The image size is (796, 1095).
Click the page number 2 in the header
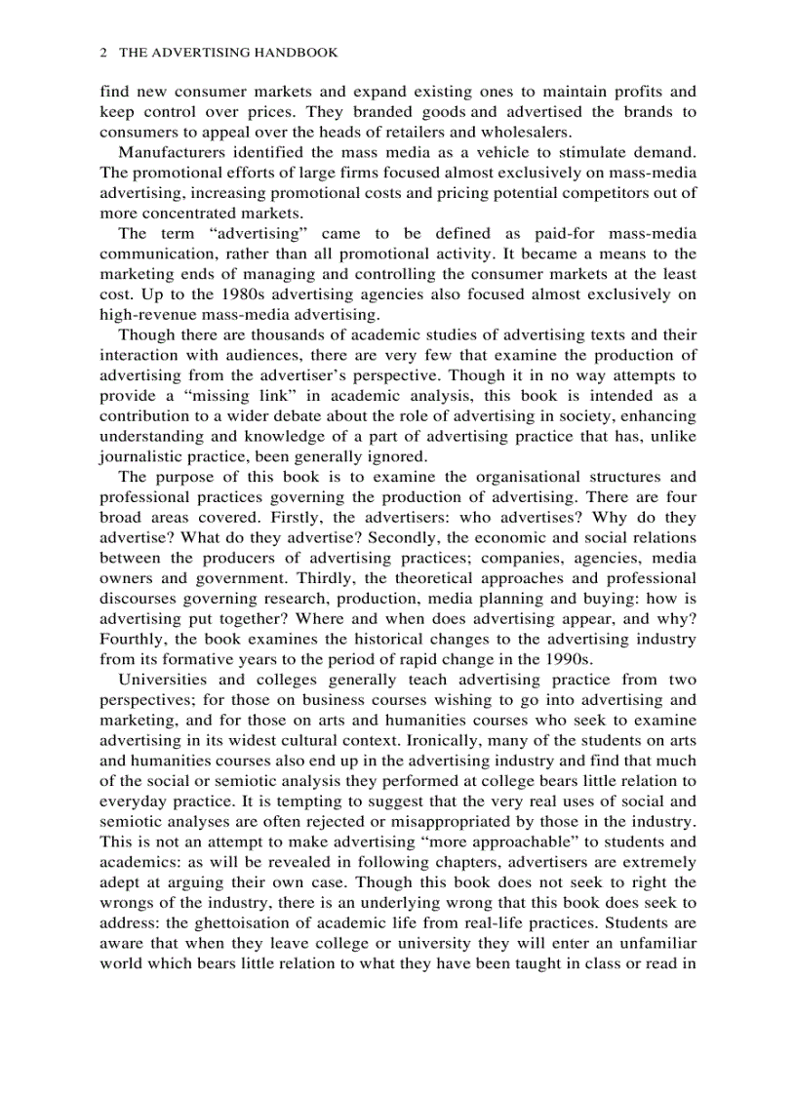tap(103, 53)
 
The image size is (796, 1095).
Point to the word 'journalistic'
tap(140, 455)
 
